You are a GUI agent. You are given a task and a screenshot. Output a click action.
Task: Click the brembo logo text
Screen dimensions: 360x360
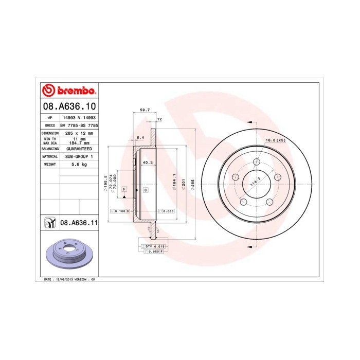point(75,92)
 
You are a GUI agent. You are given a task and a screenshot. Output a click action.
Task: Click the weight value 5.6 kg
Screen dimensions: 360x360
point(78,164)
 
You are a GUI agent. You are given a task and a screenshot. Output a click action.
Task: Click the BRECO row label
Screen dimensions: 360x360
point(50,125)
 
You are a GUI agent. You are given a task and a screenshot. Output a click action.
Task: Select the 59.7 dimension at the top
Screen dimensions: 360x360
point(145,110)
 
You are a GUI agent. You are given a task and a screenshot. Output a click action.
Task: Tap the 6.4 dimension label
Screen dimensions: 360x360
point(139,137)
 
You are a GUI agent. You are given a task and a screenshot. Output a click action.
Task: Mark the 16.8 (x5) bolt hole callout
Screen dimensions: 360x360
point(275,140)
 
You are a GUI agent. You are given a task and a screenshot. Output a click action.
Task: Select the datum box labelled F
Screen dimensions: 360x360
point(124,190)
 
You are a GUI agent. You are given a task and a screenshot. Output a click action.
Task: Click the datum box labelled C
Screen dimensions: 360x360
point(146,190)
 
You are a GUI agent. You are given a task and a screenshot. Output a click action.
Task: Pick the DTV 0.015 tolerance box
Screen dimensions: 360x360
point(154,247)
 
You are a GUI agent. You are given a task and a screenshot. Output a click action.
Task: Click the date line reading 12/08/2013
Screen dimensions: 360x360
point(69,279)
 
